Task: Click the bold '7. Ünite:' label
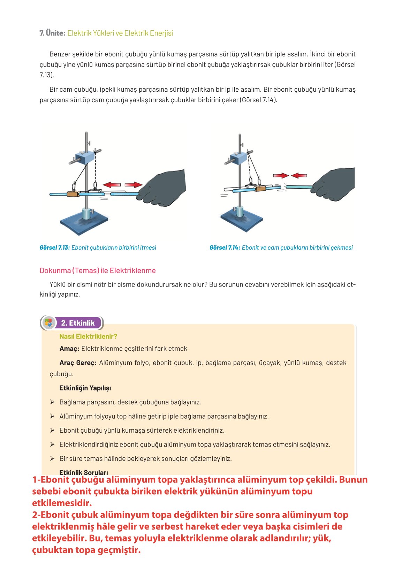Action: [x=52, y=33]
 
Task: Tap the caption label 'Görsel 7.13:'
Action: [x=55, y=248]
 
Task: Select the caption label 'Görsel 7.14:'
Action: [x=225, y=248]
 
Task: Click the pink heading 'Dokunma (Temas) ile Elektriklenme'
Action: [x=98, y=271]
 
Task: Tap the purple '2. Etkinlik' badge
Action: [x=77, y=323]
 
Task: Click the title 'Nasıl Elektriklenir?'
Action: [x=88, y=336]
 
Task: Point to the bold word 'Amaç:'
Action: [x=69, y=349]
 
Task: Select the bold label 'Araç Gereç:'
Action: [x=78, y=363]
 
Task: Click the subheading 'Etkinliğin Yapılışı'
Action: [x=85, y=388]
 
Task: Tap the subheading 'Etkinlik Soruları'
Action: [x=84, y=472]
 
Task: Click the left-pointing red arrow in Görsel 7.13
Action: [x=112, y=184]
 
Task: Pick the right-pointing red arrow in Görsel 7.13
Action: [x=133, y=185]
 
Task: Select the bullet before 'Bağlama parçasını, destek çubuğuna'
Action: [x=52, y=402]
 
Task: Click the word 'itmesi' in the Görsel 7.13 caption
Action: [x=148, y=248]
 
